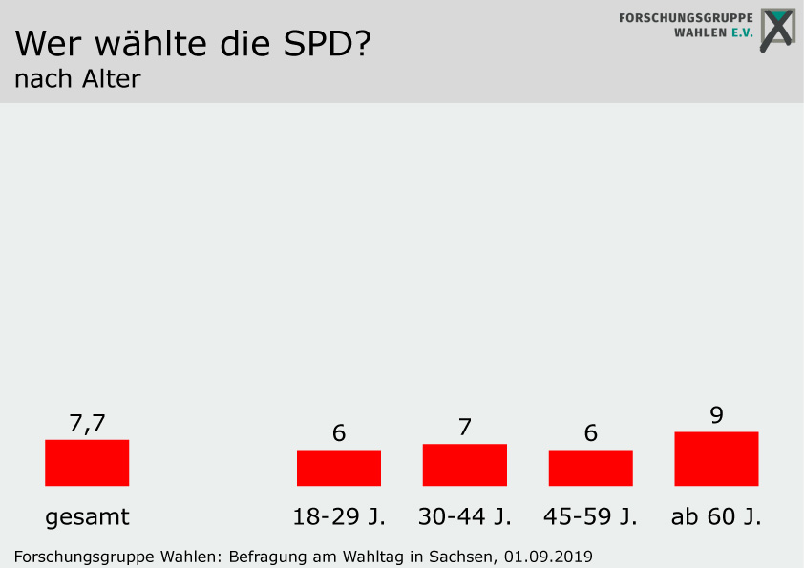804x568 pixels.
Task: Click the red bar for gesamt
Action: [x=87, y=463]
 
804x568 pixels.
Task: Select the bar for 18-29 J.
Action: [x=339, y=468]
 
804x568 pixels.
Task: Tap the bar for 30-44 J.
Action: [x=465, y=465]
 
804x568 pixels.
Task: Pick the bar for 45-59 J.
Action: [x=591, y=468]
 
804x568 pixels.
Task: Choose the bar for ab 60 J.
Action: [x=716, y=459]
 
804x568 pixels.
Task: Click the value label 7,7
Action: [x=87, y=423]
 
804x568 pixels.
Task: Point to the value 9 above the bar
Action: [x=716, y=415]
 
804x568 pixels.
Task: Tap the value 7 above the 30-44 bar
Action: [x=465, y=428]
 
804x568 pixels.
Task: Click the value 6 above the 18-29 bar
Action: [x=339, y=433]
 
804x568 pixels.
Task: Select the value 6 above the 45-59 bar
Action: [x=591, y=433]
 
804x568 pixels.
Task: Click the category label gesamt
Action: [x=87, y=517]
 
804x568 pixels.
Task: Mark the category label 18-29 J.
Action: [x=339, y=517]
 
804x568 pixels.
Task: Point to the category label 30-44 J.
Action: [x=465, y=517]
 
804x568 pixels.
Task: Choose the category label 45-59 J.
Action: [x=591, y=517]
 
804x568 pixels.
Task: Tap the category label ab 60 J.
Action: [x=716, y=517]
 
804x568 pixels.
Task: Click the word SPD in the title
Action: [x=310, y=43]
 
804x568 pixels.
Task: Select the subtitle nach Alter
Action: [x=77, y=79]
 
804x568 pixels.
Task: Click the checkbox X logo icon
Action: [x=778, y=30]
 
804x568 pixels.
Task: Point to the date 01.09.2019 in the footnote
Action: [x=549, y=556]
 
